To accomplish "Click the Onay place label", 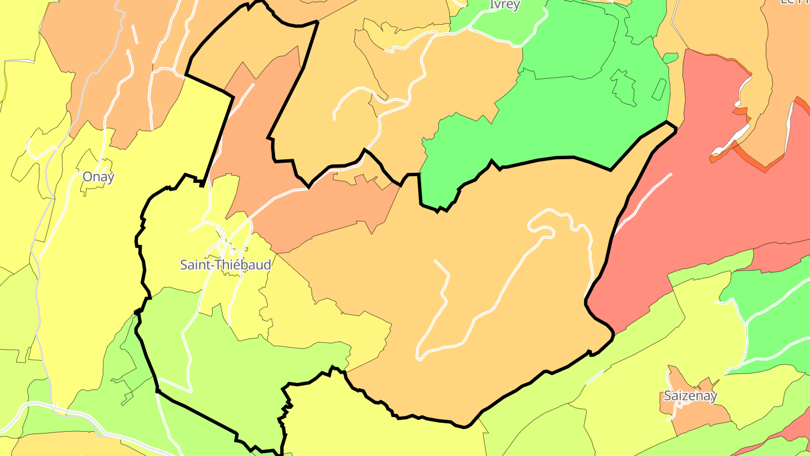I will (x=98, y=177).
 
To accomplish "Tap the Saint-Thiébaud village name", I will (x=225, y=264).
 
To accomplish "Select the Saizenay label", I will (x=690, y=396).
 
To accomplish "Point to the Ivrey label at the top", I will (x=505, y=5).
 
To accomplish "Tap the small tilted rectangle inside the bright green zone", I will (x=659, y=90).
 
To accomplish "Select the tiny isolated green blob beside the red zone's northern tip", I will (x=670, y=57).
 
